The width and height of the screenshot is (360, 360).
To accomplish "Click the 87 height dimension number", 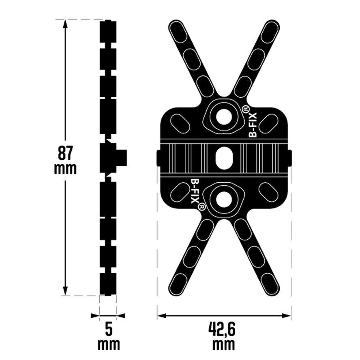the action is pos(65,153).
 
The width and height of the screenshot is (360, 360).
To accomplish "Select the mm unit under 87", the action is pos(65,169).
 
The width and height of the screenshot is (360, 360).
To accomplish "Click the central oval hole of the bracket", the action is pos(224,158).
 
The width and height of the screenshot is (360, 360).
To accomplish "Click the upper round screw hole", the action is pos(224,117).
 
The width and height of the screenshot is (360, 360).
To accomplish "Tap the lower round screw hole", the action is pos(224,199).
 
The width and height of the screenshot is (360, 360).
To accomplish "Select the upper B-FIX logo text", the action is pos(253,124).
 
